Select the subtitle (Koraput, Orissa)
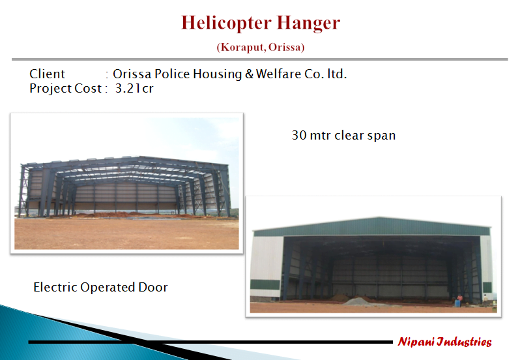261,47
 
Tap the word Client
48,74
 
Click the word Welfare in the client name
280,74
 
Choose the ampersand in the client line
249,74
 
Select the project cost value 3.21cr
134,88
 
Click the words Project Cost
65,88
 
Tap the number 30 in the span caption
299,136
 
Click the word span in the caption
382,136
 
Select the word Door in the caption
153,287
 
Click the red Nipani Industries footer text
444,342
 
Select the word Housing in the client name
217,74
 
